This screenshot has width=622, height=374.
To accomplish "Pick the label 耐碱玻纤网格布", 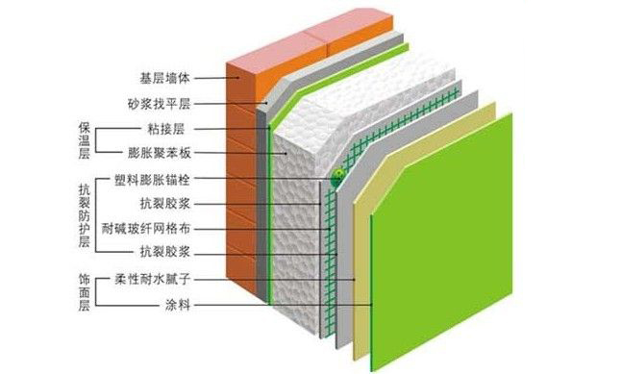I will coord(159,227).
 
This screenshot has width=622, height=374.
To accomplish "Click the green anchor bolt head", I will coord(337,176).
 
